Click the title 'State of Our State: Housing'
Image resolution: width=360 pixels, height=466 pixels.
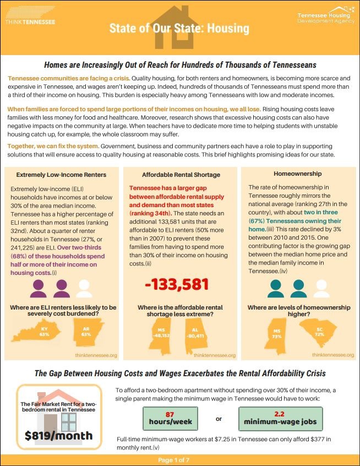click(179, 28)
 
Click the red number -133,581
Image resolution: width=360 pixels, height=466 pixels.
click(177, 284)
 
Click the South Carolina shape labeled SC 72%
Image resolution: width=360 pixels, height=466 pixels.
click(317, 332)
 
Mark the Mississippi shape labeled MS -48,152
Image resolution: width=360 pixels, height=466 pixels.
click(160, 337)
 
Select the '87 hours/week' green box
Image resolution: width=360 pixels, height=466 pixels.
click(170, 419)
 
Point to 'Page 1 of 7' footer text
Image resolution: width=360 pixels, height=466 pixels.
click(180, 460)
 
